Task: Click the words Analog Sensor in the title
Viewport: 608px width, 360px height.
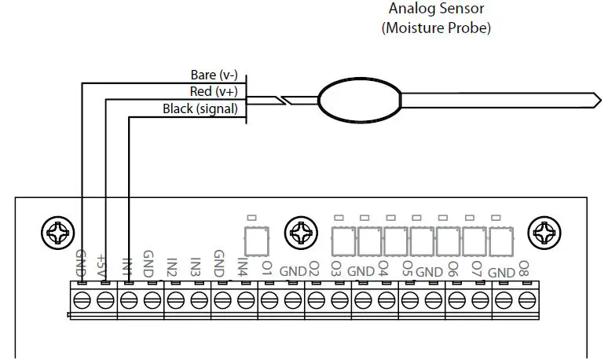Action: [x=437, y=9]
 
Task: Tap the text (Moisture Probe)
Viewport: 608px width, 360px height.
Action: [x=437, y=28]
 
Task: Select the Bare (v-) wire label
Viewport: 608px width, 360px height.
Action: [x=214, y=75]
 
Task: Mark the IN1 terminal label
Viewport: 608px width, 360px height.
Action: [x=126, y=266]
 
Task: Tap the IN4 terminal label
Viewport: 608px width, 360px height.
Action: [x=244, y=266]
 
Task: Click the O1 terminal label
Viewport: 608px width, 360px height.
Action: [x=267, y=267]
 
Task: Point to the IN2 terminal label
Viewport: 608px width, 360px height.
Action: [x=172, y=266]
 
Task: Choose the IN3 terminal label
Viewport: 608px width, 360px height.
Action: [x=196, y=266]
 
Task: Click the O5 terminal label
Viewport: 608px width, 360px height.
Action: [x=407, y=267]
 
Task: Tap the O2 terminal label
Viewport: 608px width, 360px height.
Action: [x=313, y=267]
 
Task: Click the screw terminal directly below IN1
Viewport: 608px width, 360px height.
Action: [x=128, y=299]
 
